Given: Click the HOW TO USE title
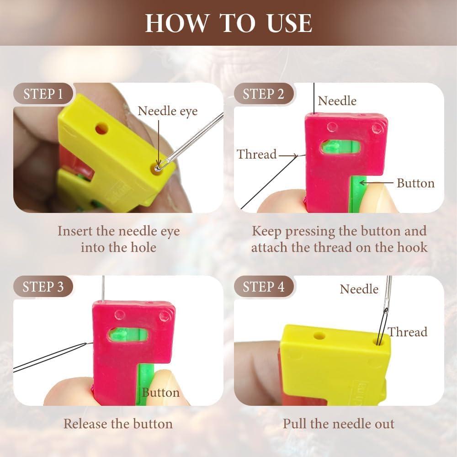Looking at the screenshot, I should click(228, 23).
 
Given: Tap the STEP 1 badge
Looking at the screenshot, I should click(43, 94).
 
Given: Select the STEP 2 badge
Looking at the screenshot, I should click(263, 94).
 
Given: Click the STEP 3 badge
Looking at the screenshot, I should click(43, 287).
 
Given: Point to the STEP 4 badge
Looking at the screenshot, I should click(263, 287).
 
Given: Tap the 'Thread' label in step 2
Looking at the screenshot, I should click(257, 154).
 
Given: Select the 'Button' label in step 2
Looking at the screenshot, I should click(415, 183).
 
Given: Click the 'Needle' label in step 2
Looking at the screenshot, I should click(337, 101).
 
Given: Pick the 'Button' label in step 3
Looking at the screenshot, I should click(160, 393).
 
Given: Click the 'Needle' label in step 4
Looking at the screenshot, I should click(359, 289).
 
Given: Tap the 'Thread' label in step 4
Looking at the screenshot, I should click(407, 332).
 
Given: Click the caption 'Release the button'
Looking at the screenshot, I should click(118, 424).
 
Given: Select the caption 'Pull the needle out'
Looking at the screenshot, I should click(338, 424).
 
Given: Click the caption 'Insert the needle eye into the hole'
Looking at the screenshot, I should click(118, 239).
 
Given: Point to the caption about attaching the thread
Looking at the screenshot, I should click(339, 239).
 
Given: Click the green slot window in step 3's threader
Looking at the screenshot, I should click(128, 335).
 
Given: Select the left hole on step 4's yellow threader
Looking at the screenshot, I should click(319, 336).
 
